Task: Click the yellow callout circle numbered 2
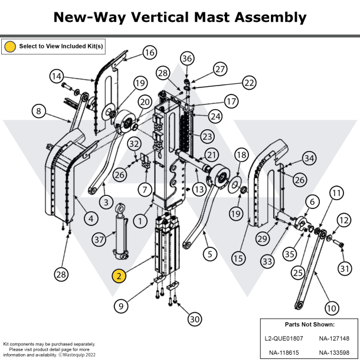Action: click(119, 276)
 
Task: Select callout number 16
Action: click(149, 53)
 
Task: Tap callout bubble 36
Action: click(187, 58)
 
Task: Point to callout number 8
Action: click(39, 111)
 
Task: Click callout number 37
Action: click(99, 239)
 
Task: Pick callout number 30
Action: click(194, 319)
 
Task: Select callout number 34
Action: click(309, 158)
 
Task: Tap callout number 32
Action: click(135, 143)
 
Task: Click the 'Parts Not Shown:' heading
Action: click(309, 324)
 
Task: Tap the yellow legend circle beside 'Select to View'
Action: click(10, 45)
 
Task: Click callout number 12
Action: click(343, 220)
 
